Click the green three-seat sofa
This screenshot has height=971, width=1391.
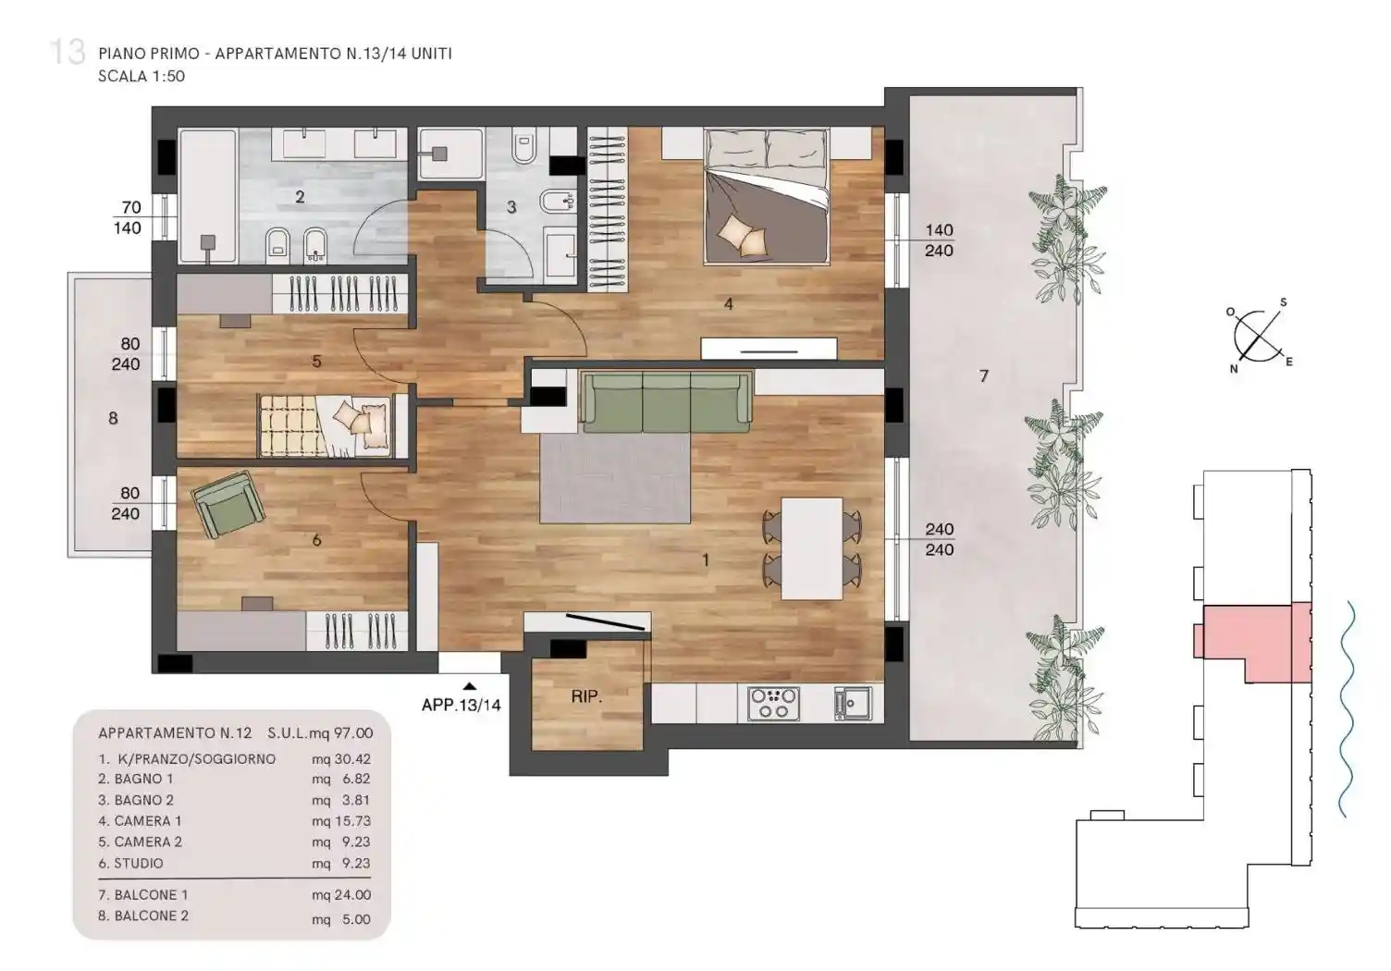pos(666,401)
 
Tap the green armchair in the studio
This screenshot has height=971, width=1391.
pos(228,504)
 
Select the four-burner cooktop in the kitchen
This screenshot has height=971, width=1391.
pos(773,704)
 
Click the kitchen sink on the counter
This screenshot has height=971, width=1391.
pos(854,704)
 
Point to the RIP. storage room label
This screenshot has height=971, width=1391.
pos(586,696)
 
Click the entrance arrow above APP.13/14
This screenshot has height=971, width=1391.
pos(470,686)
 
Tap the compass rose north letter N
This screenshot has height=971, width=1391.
pos(1233,369)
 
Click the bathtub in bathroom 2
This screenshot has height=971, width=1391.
pos(208,195)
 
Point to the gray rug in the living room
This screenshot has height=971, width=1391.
pos(615,478)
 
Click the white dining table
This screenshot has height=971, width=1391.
pos(812,548)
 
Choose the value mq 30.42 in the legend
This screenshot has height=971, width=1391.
pos(341,758)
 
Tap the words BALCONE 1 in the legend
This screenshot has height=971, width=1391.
pos(151,894)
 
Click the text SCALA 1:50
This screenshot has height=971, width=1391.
pos(142,77)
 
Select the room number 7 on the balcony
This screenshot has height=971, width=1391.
pos(984,375)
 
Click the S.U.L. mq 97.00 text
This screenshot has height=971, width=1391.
pos(320,733)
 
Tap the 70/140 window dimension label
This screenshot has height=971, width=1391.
pos(129,217)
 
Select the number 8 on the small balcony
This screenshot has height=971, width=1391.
pos(113,418)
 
